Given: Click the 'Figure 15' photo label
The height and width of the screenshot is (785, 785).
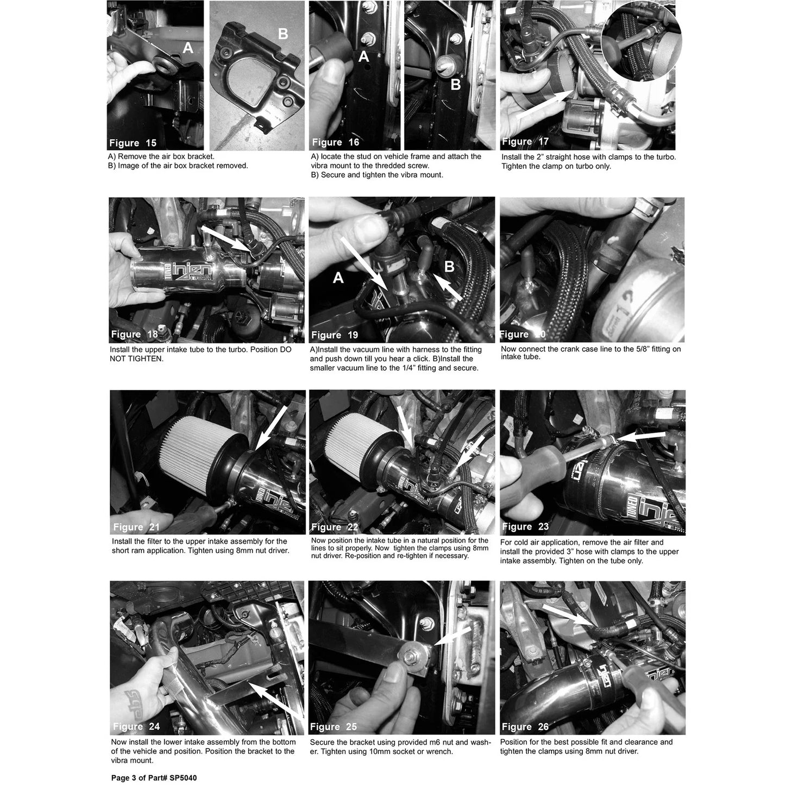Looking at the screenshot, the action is pyautogui.click(x=133, y=143).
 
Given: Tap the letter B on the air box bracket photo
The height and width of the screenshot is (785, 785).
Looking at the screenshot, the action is pyautogui.click(x=282, y=33).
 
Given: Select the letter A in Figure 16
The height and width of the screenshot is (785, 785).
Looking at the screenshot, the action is pyautogui.click(x=363, y=56).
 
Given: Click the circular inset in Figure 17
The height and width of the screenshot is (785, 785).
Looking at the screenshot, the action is pyautogui.click(x=641, y=41).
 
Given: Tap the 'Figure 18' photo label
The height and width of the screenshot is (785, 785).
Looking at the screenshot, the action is pyautogui.click(x=134, y=335).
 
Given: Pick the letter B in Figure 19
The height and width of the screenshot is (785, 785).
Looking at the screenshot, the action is pyautogui.click(x=449, y=266).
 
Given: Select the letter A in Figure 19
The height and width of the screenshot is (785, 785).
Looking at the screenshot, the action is pyautogui.click(x=338, y=278).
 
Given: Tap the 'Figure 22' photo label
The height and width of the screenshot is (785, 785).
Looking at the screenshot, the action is pyautogui.click(x=335, y=527).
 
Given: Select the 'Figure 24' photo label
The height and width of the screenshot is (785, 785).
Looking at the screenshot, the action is pyautogui.click(x=136, y=726).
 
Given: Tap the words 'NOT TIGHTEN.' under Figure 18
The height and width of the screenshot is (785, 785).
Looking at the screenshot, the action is pyautogui.click(x=136, y=359).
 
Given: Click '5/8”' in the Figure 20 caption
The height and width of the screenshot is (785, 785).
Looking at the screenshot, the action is pyautogui.click(x=630, y=349).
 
